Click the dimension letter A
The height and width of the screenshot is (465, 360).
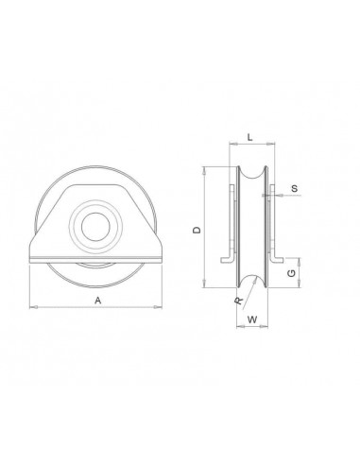click(x=98, y=301)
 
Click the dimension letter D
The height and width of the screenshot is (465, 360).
click(x=197, y=230)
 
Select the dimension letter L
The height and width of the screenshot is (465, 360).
click(x=249, y=137)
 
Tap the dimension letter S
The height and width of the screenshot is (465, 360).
click(x=295, y=189)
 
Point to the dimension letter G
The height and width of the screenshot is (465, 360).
click(x=292, y=273)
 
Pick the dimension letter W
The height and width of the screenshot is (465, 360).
click(x=252, y=319)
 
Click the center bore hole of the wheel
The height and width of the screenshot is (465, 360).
click(x=95, y=227)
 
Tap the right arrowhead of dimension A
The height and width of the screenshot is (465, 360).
click(x=158, y=307)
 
